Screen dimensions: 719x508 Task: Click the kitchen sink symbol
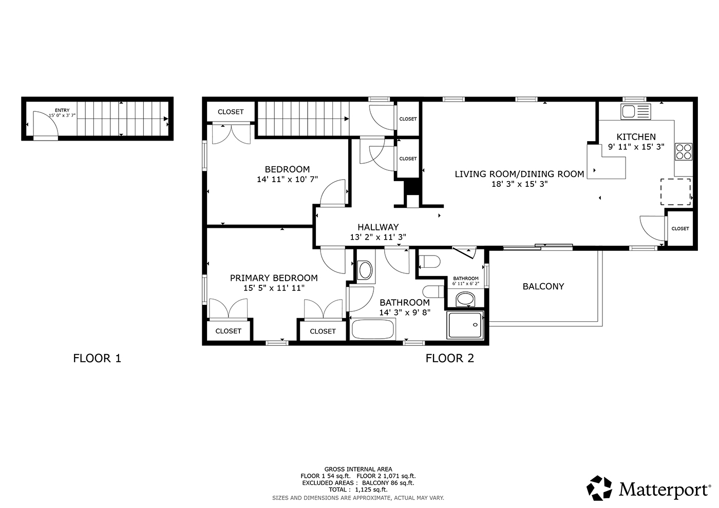pyautogui.click(x=636, y=112)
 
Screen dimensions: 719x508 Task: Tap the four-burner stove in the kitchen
pyautogui.click(x=684, y=152)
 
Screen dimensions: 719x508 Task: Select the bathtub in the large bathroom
pyautogui.click(x=373, y=329)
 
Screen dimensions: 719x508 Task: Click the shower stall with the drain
pyautogui.click(x=465, y=325)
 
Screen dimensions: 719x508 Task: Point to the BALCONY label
pyautogui.click(x=543, y=286)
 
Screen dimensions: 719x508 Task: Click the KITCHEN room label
pyautogui.click(x=636, y=137)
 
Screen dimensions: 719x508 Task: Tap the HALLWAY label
pyautogui.click(x=378, y=227)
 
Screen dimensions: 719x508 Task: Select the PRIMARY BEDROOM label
pyautogui.click(x=274, y=278)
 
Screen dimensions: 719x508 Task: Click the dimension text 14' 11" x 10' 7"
pyautogui.click(x=287, y=179)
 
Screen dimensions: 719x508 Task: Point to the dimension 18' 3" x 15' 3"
pyautogui.click(x=519, y=184)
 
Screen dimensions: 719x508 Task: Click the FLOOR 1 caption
pyautogui.click(x=97, y=358)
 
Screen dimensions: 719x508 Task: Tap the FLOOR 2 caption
pyautogui.click(x=450, y=358)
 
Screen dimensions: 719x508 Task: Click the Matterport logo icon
pyautogui.click(x=599, y=488)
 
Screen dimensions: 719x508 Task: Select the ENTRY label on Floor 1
pyautogui.click(x=62, y=110)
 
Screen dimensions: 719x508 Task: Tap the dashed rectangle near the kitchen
pyautogui.click(x=675, y=192)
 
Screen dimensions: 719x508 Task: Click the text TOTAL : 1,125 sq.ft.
pyautogui.click(x=358, y=490)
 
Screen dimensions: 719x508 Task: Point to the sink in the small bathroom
pyautogui.click(x=465, y=299)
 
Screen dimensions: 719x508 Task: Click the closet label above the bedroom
pyautogui.click(x=231, y=112)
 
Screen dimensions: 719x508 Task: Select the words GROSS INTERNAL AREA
pyautogui.click(x=358, y=469)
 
